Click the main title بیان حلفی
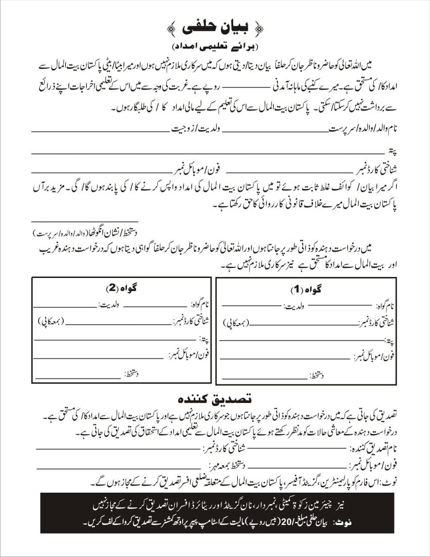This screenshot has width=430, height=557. [216, 26]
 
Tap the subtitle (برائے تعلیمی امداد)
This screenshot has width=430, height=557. [216, 47]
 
